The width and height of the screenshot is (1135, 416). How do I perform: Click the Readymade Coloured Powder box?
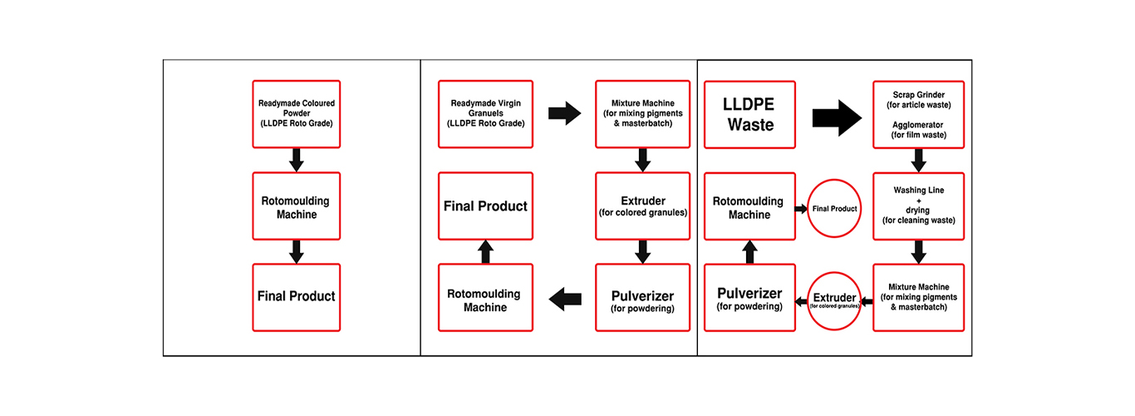coord(297,114)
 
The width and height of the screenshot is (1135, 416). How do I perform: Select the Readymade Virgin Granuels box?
coord(486,114)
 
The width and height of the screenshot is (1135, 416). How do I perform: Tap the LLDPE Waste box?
coord(749,114)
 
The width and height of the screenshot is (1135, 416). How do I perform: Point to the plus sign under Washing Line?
coord(918,201)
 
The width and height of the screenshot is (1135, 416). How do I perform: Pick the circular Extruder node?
coord(833,300)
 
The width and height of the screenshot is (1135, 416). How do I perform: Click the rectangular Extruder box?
coord(641,206)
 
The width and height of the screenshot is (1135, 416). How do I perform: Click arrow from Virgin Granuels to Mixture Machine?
coord(564,114)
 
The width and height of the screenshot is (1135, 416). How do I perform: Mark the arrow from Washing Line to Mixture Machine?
coord(918,252)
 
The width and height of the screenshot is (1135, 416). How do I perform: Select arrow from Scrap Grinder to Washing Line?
coord(918,160)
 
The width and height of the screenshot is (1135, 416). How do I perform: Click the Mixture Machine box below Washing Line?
coord(918,297)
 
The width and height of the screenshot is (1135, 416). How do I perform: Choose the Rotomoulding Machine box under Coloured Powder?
coord(297,206)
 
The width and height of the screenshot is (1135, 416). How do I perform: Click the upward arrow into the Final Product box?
coord(486,252)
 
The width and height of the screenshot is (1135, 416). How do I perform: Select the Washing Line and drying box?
coord(918,206)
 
